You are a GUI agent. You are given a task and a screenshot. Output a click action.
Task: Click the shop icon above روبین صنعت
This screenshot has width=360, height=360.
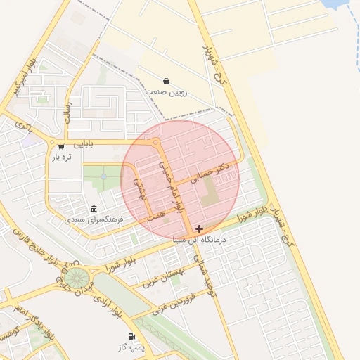[x=166, y=82]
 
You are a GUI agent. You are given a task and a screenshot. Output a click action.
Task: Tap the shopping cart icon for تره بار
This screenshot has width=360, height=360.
[x=61, y=146]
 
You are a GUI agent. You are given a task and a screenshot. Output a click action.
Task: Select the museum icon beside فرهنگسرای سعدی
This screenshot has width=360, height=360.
[x=94, y=209]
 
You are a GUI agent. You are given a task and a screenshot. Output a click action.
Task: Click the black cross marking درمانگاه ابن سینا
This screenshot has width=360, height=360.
[x=200, y=229]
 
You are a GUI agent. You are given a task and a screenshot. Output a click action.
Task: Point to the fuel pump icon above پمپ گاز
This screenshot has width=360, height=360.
[x=131, y=337]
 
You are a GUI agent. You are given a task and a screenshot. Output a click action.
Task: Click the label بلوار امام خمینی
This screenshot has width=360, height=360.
[x=172, y=184]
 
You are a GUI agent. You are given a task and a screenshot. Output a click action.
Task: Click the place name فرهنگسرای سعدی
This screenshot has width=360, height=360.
[x=94, y=219]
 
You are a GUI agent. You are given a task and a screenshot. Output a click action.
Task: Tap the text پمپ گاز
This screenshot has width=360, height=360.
[x=131, y=348]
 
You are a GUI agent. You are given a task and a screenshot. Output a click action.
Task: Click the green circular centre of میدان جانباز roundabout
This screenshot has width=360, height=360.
[x=77, y=277]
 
